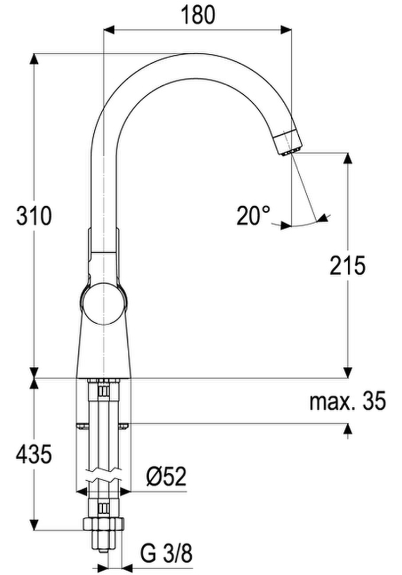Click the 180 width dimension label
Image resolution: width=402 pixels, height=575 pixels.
coord(198,15)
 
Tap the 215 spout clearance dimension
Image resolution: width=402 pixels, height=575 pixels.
coord(347,265)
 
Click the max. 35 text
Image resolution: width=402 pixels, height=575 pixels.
coord(348,401)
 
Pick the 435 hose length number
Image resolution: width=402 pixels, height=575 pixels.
coord(34,454)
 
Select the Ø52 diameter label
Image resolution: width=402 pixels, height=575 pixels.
coord(166,477)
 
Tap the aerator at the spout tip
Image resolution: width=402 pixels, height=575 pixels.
coord(288,143)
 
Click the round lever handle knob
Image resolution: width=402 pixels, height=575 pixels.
coord(103,303)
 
